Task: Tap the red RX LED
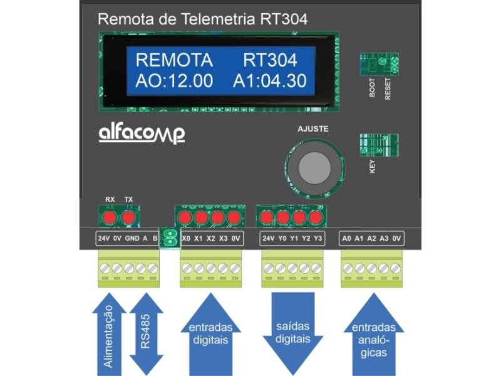pos(110,217)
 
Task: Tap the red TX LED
pos(128,217)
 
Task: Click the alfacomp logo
pos(142,133)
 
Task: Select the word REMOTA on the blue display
pos(174,61)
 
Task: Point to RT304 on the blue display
pos(269,61)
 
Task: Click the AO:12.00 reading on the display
pos(174,81)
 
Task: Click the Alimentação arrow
pos(109,332)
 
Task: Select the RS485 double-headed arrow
pos(145,332)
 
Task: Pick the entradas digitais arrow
pos(210,332)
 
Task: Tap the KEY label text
pos(372,165)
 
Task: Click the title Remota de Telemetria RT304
pos(203,19)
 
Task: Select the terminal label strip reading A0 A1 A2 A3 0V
pos(372,239)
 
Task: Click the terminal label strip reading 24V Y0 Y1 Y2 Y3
pos(292,239)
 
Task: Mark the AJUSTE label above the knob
pos(312,129)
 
